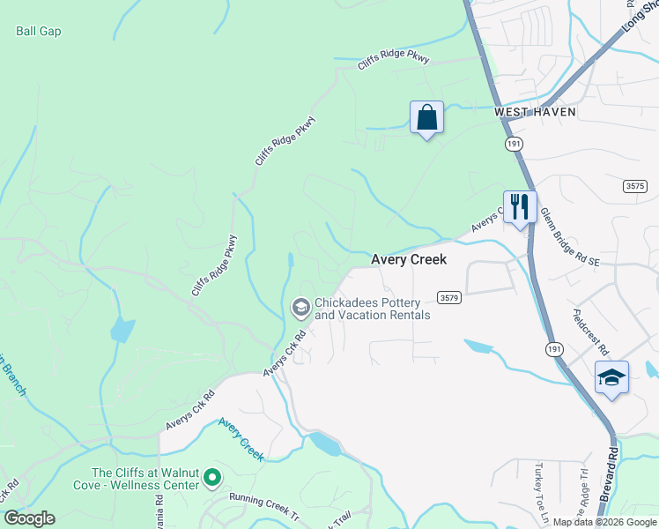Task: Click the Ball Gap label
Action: (x=39, y=31)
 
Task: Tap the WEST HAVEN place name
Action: (x=535, y=112)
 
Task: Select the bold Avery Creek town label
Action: (x=409, y=260)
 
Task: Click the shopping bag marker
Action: (x=426, y=117)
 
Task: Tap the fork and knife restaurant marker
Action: (x=520, y=207)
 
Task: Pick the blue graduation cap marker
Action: (x=611, y=377)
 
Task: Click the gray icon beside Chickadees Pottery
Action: (x=300, y=307)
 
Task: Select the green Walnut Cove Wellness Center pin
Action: (x=211, y=479)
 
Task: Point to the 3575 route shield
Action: (x=634, y=185)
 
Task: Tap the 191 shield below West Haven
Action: (x=514, y=143)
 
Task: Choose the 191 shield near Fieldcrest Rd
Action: (x=554, y=350)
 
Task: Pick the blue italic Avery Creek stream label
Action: (x=241, y=438)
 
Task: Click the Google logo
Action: (x=29, y=518)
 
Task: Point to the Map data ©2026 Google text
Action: (x=604, y=522)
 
